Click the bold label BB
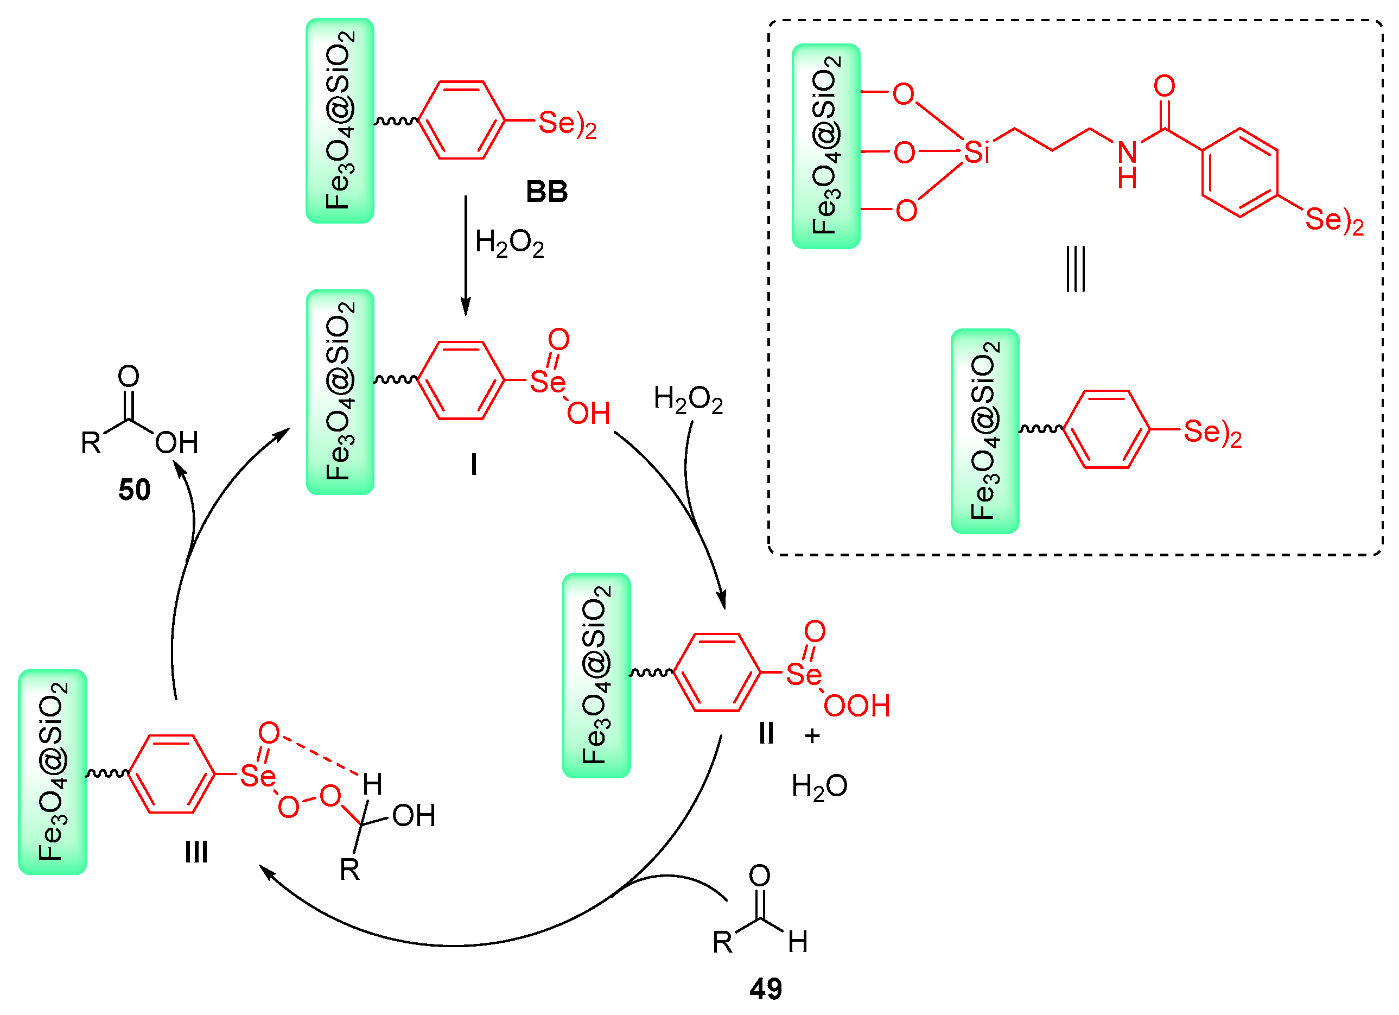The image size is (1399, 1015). pos(546,192)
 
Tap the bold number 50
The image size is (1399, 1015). pos(134,491)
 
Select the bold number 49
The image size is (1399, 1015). pos(766,989)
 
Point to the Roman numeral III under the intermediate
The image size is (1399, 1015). pos(196,853)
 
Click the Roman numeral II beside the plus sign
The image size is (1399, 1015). pos(766,734)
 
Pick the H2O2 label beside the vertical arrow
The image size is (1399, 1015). pos(510,243)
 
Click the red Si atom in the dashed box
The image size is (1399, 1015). pos(976,153)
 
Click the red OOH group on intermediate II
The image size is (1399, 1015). pos(857,706)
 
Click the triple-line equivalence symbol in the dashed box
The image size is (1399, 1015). pos(1075,269)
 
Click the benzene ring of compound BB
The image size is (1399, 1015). pos(461,120)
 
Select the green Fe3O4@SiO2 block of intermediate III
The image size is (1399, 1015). pos(53,772)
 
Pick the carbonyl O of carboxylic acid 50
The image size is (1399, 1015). pos(128,376)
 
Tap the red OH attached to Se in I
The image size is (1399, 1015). pos(588,414)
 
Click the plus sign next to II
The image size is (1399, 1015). pos(812,735)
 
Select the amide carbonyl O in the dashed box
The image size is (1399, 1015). pos(1164,86)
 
